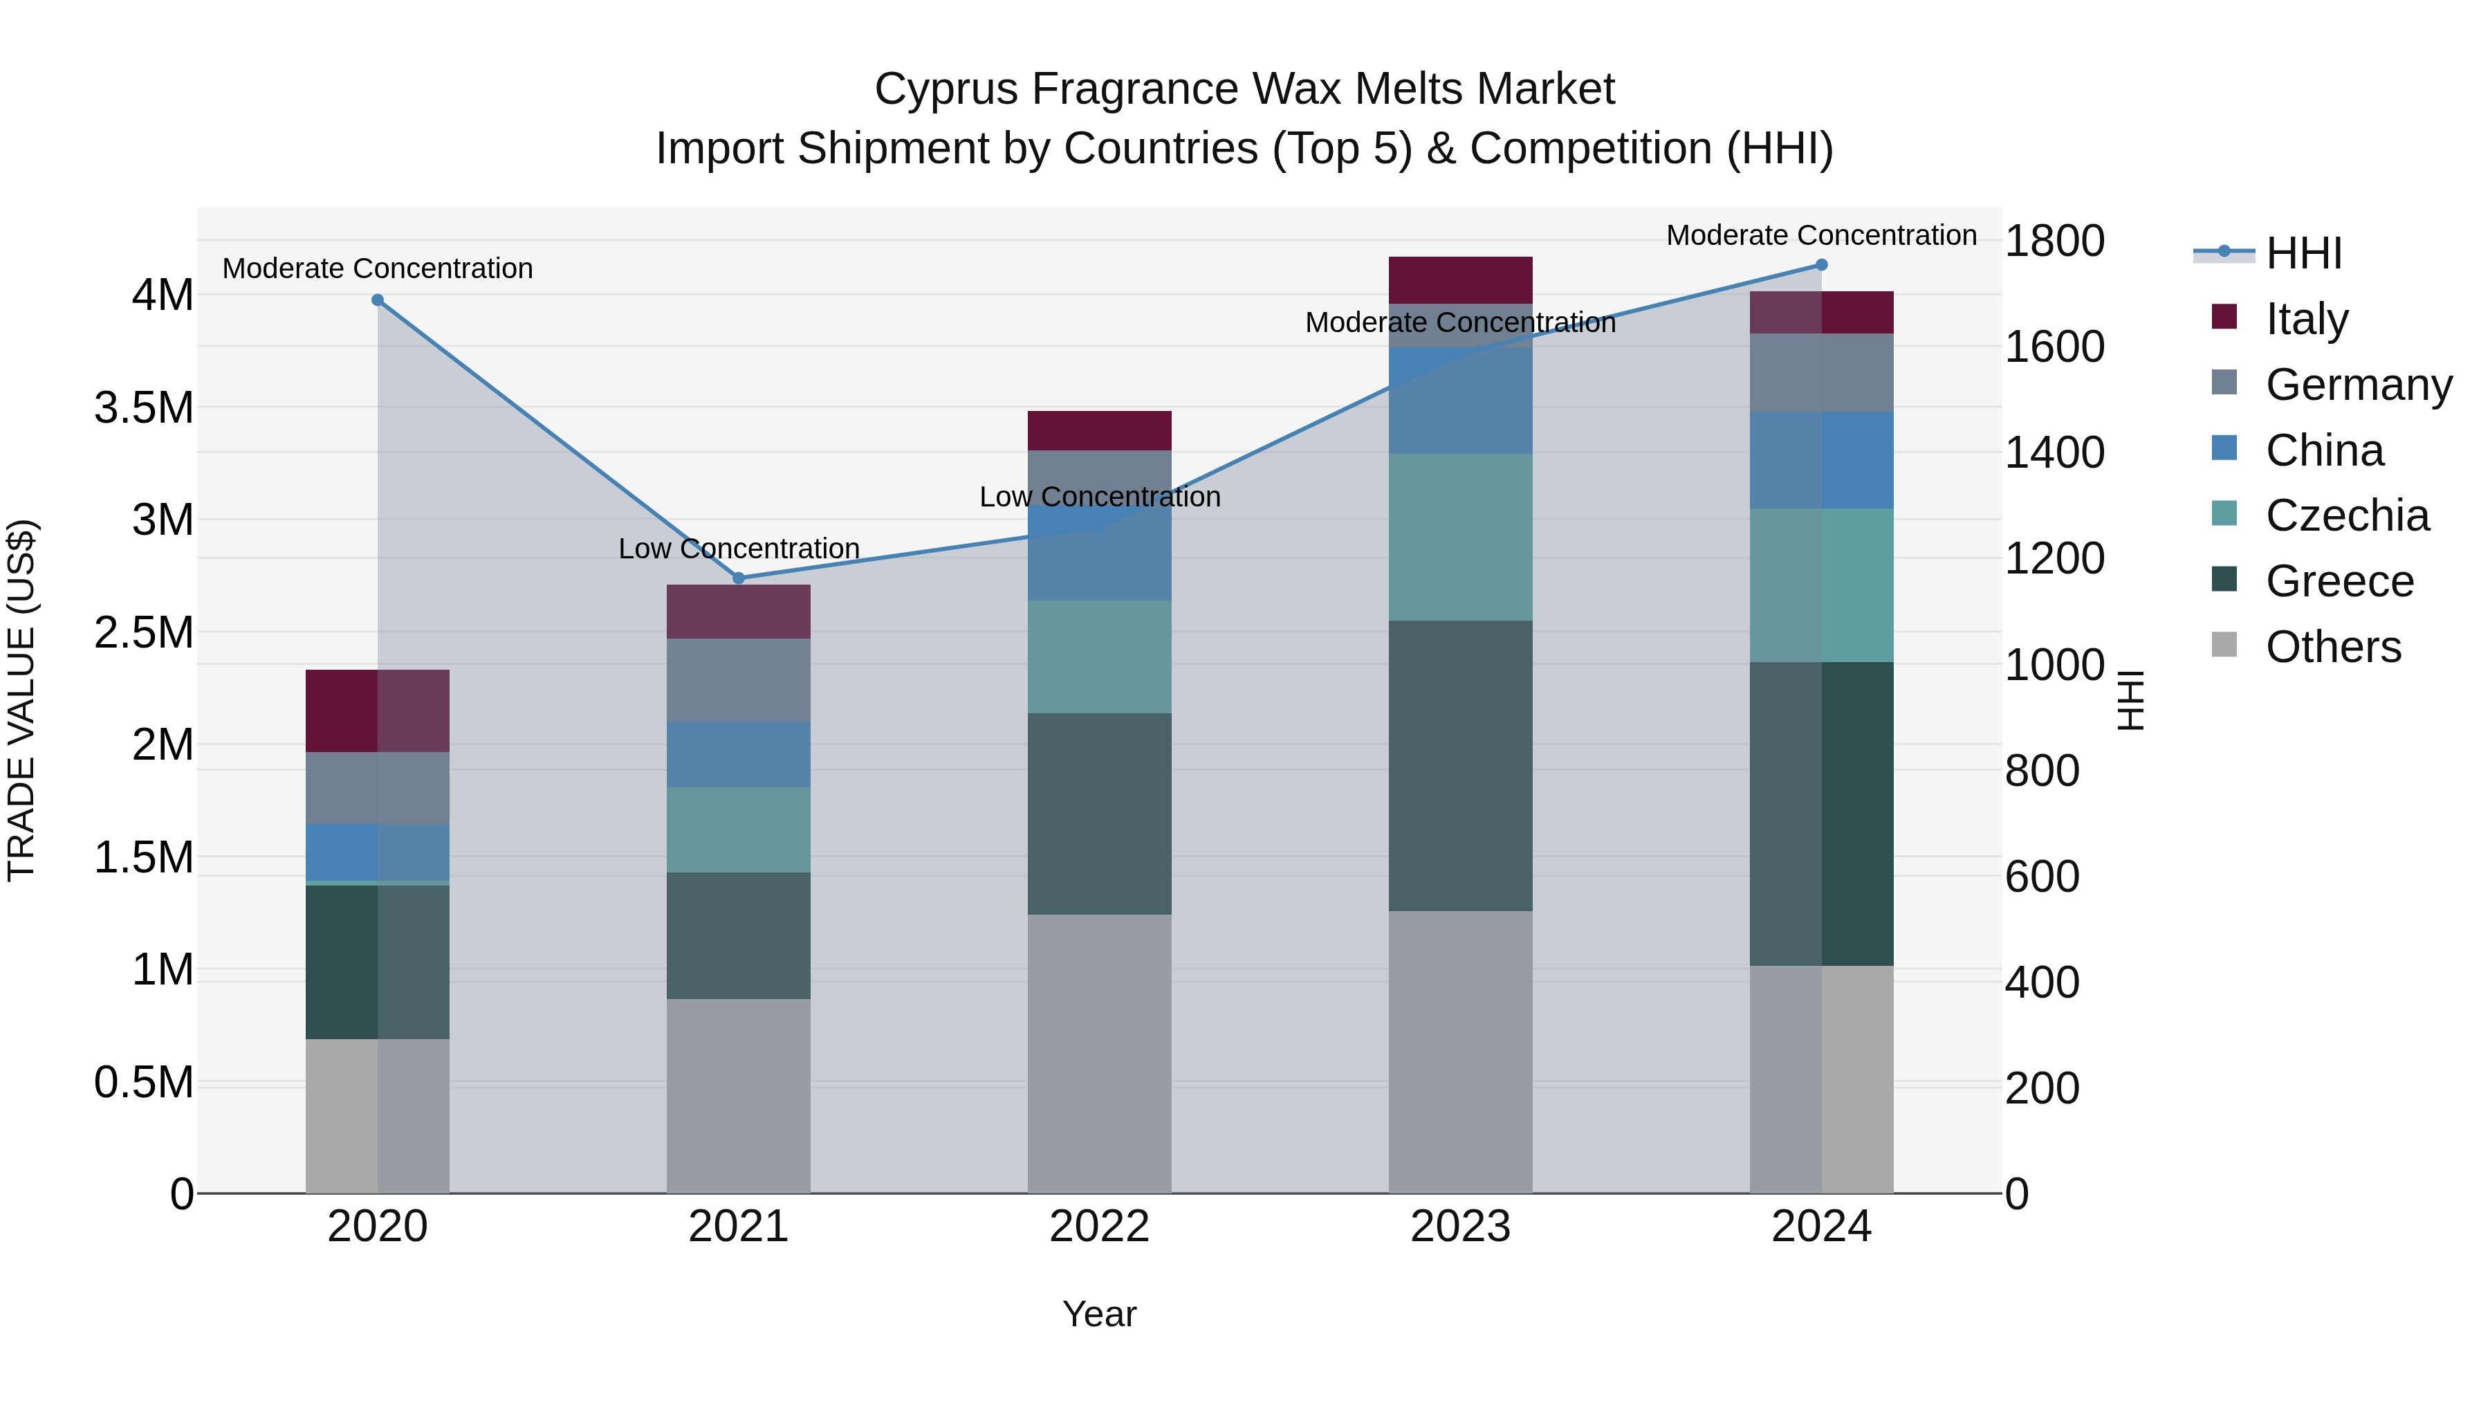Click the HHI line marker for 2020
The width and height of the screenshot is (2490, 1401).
click(x=378, y=300)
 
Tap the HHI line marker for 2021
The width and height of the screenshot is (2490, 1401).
click(x=739, y=578)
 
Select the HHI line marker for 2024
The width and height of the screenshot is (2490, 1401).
click(x=1821, y=265)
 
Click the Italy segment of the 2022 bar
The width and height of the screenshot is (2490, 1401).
click(x=1099, y=430)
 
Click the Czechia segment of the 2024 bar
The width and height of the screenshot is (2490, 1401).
click(x=1821, y=585)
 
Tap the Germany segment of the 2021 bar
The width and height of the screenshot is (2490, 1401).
click(x=739, y=679)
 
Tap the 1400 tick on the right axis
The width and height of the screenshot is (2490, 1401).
click(x=2054, y=452)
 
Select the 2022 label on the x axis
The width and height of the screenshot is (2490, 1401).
click(x=1099, y=1227)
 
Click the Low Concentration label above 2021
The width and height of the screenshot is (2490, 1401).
click(x=739, y=548)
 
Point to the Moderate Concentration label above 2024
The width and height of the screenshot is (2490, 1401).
click(x=1821, y=235)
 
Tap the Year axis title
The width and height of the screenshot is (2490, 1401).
click(x=1099, y=1314)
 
